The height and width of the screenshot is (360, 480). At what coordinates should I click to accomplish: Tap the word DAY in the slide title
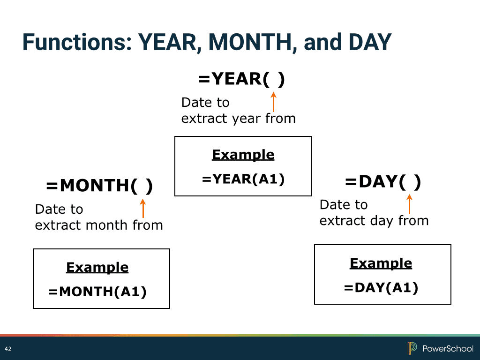pos(370,42)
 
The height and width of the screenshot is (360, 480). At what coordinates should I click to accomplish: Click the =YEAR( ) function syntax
pos(241,79)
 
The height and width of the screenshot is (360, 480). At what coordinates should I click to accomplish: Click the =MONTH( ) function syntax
pos(99,186)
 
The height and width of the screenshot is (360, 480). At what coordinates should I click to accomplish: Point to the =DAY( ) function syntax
pos(383,181)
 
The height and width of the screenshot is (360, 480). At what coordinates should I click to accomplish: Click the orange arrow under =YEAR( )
pos(273,102)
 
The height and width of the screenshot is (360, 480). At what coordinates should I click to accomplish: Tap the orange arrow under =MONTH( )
pos(142,209)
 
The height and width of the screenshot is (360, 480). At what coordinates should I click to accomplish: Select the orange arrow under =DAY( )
pos(409,204)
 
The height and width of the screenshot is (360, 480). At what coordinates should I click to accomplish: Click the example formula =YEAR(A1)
pos(243,179)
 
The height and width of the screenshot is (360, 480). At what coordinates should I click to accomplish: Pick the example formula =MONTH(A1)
pos(97,292)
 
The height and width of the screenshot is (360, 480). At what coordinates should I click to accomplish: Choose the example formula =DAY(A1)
pos(381,288)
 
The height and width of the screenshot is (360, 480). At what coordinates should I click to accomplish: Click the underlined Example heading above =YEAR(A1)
pos(243,155)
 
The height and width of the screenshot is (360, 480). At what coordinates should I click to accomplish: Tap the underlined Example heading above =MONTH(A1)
pos(97,267)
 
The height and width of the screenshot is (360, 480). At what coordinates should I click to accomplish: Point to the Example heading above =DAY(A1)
pos(381,263)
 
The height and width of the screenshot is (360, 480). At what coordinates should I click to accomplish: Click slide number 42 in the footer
pos(8,349)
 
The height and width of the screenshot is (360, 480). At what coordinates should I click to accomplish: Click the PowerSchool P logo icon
pos(412,348)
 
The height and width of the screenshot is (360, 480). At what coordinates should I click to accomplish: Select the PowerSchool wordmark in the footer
pos(448,349)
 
